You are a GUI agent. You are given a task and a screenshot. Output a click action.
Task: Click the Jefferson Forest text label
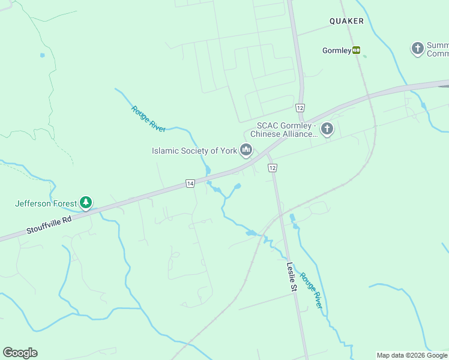(x=46, y=203)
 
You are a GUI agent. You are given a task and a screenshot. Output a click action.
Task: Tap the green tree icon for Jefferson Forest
(x=86, y=203)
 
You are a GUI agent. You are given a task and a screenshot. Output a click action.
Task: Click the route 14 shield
(x=190, y=184)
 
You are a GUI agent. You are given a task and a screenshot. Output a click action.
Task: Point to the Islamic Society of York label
(x=194, y=151)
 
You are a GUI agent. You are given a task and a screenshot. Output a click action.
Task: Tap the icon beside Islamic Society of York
(x=246, y=150)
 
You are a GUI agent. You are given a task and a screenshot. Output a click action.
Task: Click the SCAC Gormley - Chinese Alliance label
(x=286, y=130)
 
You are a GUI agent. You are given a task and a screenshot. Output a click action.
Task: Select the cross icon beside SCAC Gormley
(x=327, y=129)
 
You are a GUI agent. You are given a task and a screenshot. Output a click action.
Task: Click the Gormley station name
(x=336, y=51)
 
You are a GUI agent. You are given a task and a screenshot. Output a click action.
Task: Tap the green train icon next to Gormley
(x=357, y=50)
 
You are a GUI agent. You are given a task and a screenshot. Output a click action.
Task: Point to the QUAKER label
(x=346, y=21)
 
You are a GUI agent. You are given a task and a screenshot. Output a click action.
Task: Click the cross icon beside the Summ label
(x=418, y=49)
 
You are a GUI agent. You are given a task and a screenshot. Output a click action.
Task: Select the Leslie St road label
(x=292, y=277)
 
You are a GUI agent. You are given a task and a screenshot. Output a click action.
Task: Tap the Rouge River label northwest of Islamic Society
(x=148, y=118)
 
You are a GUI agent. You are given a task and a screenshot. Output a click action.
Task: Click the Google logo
(x=20, y=353)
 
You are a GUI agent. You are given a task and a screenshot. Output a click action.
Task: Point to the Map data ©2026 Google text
(x=412, y=355)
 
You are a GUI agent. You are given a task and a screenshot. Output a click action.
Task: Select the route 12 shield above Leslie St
(x=273, y=168)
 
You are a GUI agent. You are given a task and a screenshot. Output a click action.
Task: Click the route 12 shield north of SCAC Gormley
(x=300, y=107)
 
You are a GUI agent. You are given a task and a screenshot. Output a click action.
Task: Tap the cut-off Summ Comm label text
(x=437, y=49)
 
